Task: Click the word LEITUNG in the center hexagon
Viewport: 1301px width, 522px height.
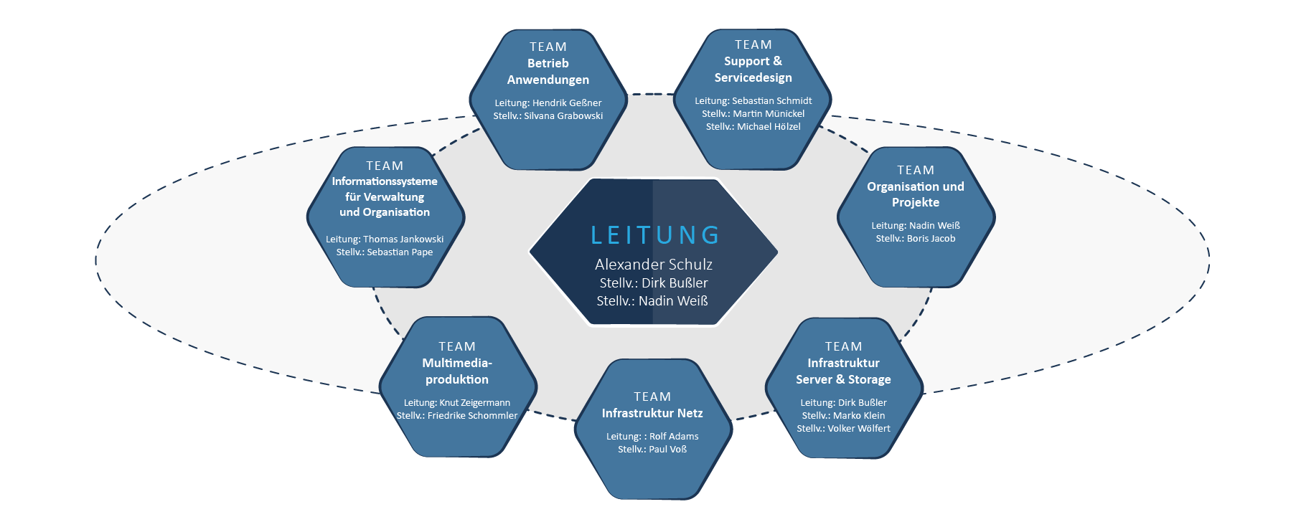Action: [654, 235]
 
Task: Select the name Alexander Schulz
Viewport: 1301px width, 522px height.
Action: [653, 265]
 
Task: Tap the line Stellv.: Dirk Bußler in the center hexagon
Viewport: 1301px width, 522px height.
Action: [653, 283]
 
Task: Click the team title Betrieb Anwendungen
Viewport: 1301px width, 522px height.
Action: [548, 72]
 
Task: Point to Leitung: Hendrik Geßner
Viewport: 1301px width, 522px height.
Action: [548, 103]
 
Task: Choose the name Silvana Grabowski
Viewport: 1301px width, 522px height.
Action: [563, 116]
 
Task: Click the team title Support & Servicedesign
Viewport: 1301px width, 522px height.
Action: [753, 70]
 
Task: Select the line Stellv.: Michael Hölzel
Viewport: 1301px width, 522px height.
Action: [753, 127]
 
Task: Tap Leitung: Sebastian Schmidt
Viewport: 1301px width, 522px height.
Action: [753, 101]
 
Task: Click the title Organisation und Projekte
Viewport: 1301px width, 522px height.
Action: [915, 194]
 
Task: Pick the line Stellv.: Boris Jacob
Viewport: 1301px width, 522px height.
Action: [915, 239]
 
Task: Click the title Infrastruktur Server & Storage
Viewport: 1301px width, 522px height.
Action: [843, 371]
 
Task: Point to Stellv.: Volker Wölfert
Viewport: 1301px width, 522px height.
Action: [843, 429]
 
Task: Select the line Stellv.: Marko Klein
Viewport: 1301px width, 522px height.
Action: [843, 416]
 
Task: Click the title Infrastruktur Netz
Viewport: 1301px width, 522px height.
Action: [652, 414]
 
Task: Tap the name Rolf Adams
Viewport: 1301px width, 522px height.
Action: [674, 437]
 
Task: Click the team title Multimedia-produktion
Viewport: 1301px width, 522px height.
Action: [457, 371]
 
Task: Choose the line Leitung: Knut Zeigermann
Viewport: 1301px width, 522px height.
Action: [457, 403]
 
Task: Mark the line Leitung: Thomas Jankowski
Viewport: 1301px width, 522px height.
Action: [385, 239]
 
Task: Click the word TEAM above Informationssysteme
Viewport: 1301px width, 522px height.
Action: [385, 166]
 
